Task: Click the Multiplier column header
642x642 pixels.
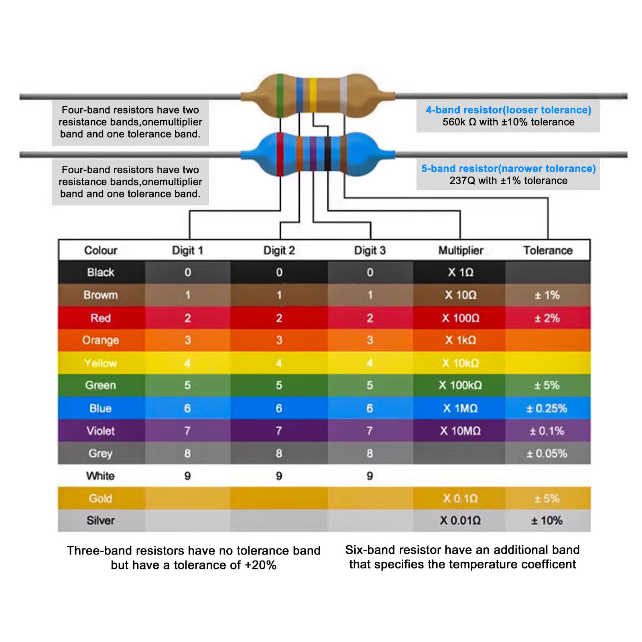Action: click(461, 250)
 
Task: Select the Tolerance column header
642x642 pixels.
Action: click(548, 250)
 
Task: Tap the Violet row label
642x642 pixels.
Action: click(101, 431)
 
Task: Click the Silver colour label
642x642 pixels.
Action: click(101, 520)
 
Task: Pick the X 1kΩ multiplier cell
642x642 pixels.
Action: click(461, 340)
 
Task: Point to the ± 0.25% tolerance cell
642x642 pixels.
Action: click(547, 408)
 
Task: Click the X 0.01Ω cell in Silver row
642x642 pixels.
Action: click(460, 520)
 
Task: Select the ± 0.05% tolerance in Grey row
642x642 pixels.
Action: click(547, 453)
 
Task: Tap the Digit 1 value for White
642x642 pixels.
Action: click(187, 476)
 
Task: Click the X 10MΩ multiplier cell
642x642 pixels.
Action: click(460, 431)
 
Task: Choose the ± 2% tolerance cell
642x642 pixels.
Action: click(547, 318)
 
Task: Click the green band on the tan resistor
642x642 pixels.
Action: click(280, 95)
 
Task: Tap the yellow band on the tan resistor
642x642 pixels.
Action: click(313, 95)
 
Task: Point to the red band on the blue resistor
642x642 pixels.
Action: click(280, 154)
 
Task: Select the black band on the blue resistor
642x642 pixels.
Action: click(328, 154)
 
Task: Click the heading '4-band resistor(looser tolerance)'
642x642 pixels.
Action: click(508, 110)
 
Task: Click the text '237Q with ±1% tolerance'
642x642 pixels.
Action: click(508, 181)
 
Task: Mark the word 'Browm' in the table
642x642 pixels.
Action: click(101, 295)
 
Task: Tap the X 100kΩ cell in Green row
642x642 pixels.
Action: click(460, 385)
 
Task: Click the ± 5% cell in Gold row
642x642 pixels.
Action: click(547, 498)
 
